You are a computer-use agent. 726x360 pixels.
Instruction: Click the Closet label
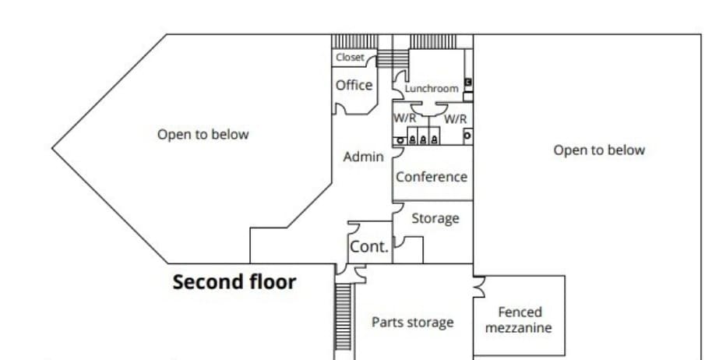350,57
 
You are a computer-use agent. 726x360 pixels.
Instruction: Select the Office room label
354,85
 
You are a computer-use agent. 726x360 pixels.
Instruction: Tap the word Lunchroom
432,88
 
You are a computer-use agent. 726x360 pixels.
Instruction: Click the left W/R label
404,118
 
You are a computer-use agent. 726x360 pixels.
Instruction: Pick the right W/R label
456,118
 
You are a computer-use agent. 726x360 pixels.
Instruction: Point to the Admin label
363,157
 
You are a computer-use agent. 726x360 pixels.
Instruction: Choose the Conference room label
432,176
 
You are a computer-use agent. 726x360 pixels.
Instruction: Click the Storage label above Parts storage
435,218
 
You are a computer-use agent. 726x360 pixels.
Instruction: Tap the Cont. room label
368,246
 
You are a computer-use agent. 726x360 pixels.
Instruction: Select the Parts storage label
412,322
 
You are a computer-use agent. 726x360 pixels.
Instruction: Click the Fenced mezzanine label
519,319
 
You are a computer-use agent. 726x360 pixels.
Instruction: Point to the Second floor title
234,281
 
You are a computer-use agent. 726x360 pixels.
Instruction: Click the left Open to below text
203,134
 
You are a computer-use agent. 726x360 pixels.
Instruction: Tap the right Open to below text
599,150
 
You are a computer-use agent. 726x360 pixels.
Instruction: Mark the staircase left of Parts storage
343,319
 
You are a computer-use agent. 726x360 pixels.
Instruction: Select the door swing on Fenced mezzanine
479,288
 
